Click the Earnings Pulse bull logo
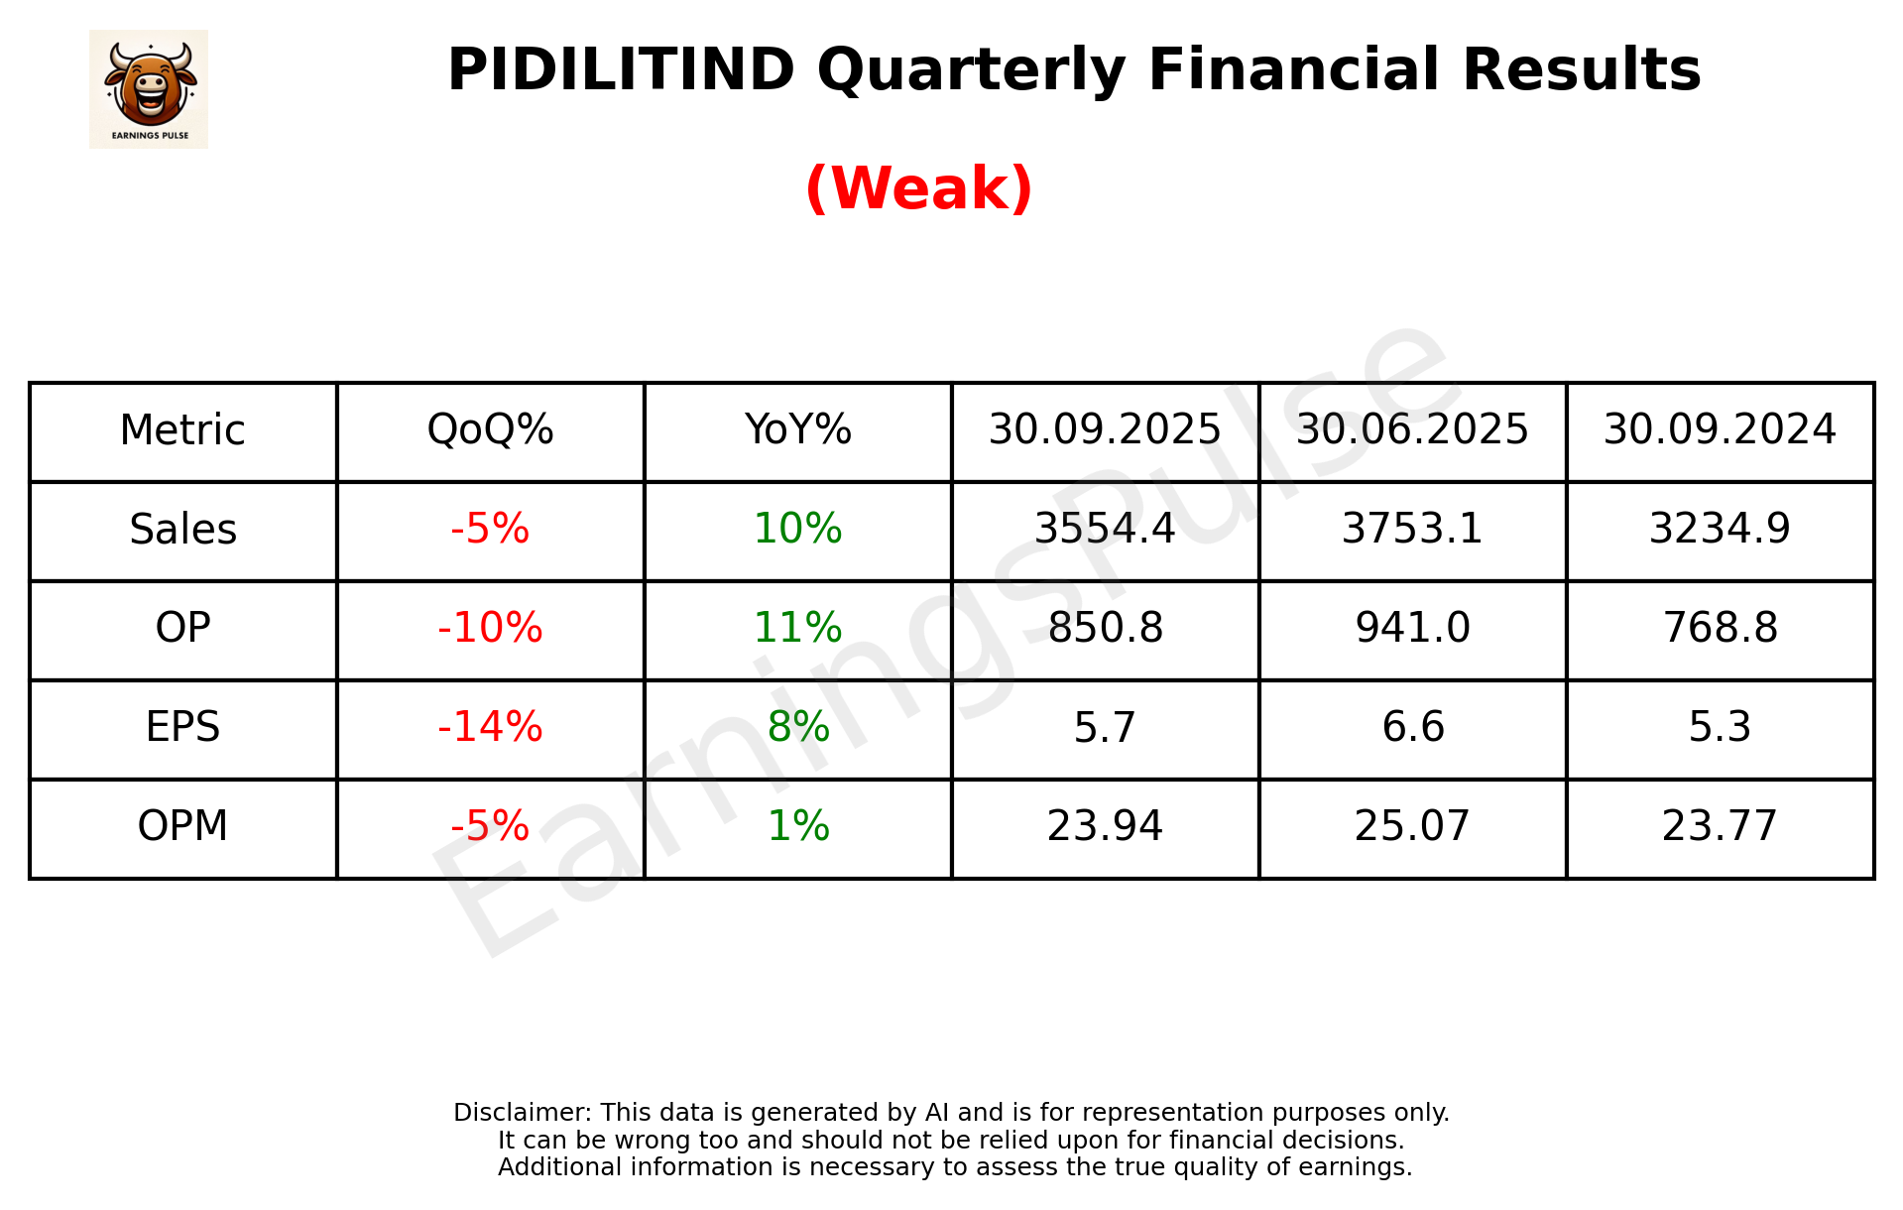pyautogui.click(x=149, y=88)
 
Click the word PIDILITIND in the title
pyautogui.click(x=621, y=70)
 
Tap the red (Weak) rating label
pyautogui.click(x=918, y=188)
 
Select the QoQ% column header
pyautogui.click(x=490, y=430)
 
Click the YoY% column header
pyautogui.click(x=797, y=430)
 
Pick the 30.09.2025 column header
pyautogui.click(x=1105, y=430)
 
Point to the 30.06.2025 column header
pyautogui.click(x=1412, y=430)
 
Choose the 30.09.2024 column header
pyautogui.click(x=1720, y=430)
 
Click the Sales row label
pyautogui.click(x=183, y=530)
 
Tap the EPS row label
pyautogui.click(x=183, y=728)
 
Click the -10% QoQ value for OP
pyautogui.click(x=490, y=629)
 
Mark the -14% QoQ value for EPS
pyautogui.click(x=490, y=728)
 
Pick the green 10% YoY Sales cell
pyautogui.click(x=797, y=530)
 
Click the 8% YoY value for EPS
pyautogui.click(x=797, y=728)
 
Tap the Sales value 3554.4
pyautogui.click(x=1105, y=530)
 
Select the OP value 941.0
pyautogui.click(x=1412, y=629)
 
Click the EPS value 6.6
pyautogui.click(x=1412, y=728)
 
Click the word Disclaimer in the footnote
pyautogui.click(x=521, y=1113)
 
